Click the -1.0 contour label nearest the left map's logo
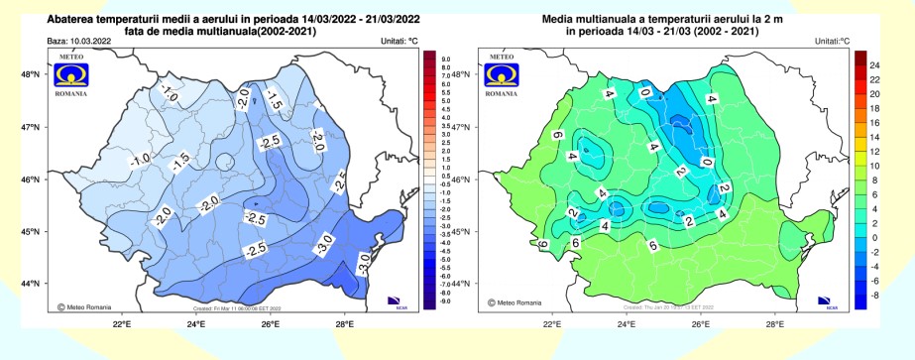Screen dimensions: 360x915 [169, 95]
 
